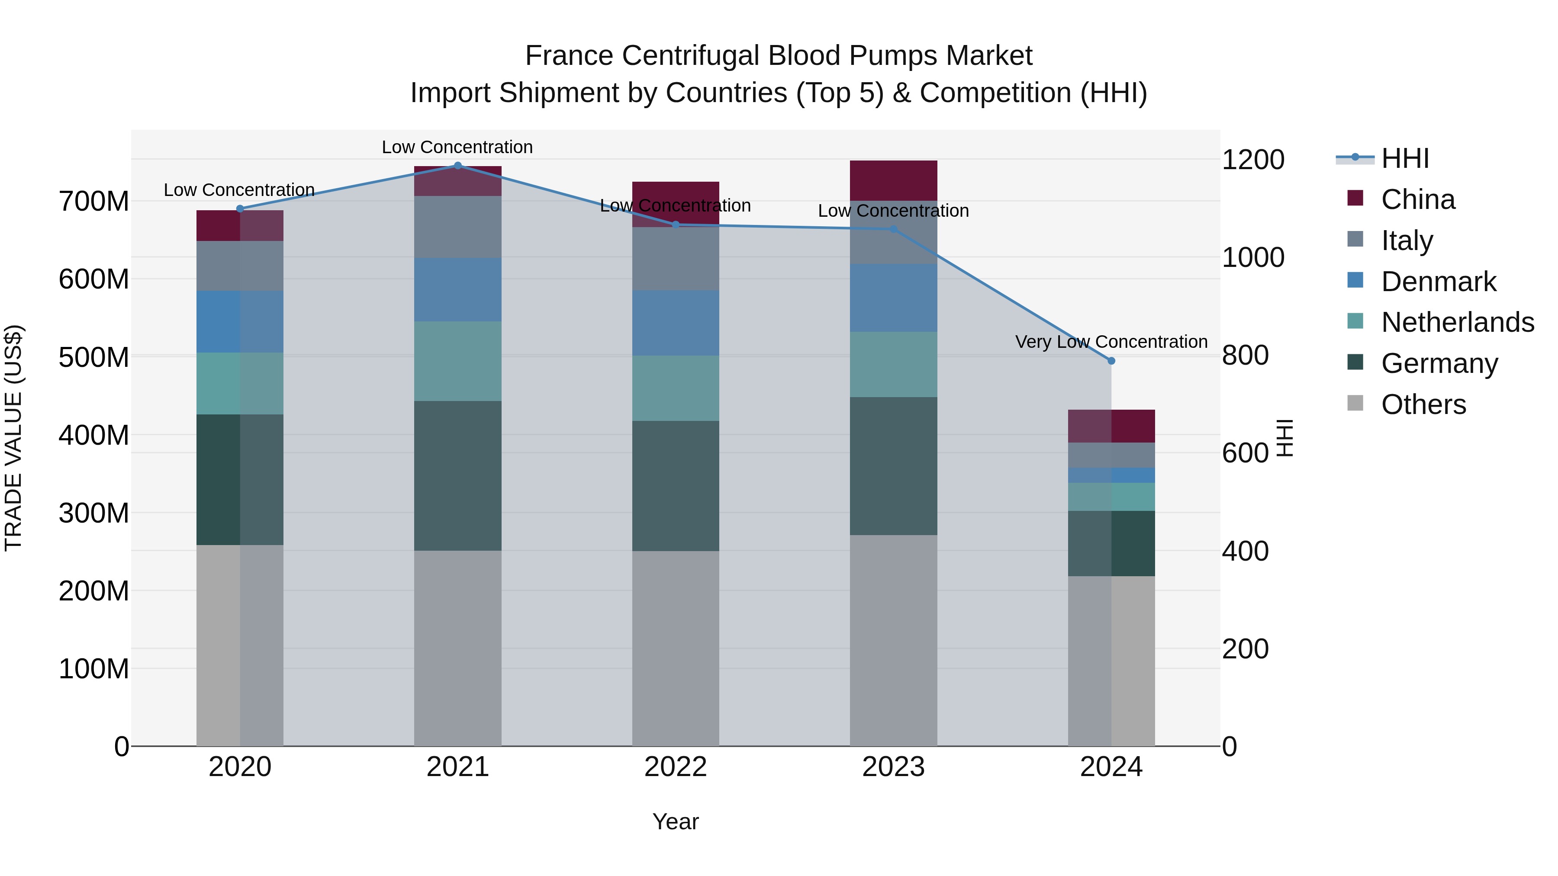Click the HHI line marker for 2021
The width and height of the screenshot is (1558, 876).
point(458,166)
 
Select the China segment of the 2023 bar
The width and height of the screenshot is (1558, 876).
point(893,180)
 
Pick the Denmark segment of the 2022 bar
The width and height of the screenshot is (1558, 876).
point(676,322)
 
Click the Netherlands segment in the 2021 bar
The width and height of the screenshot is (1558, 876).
point(458,361)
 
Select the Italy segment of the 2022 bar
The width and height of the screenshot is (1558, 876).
point(676,259)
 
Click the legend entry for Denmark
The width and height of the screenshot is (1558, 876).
point(1438,282)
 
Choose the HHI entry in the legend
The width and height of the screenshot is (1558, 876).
point(1404,158)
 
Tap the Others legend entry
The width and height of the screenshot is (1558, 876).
point(1423,404)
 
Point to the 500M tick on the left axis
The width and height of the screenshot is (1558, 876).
point(94,357)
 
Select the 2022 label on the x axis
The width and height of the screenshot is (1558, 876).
point(676,767)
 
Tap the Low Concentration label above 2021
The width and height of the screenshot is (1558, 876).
point(457,147)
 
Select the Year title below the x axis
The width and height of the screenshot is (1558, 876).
point(676,821)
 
